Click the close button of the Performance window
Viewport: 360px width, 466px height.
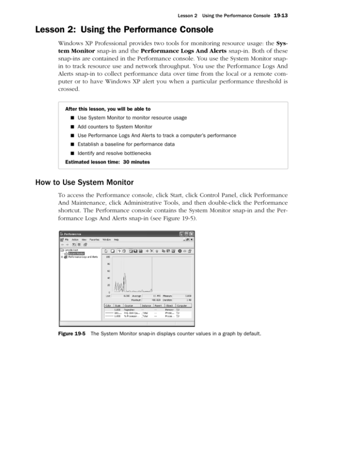[192, 234]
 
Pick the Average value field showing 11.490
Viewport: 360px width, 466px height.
[154, 296]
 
